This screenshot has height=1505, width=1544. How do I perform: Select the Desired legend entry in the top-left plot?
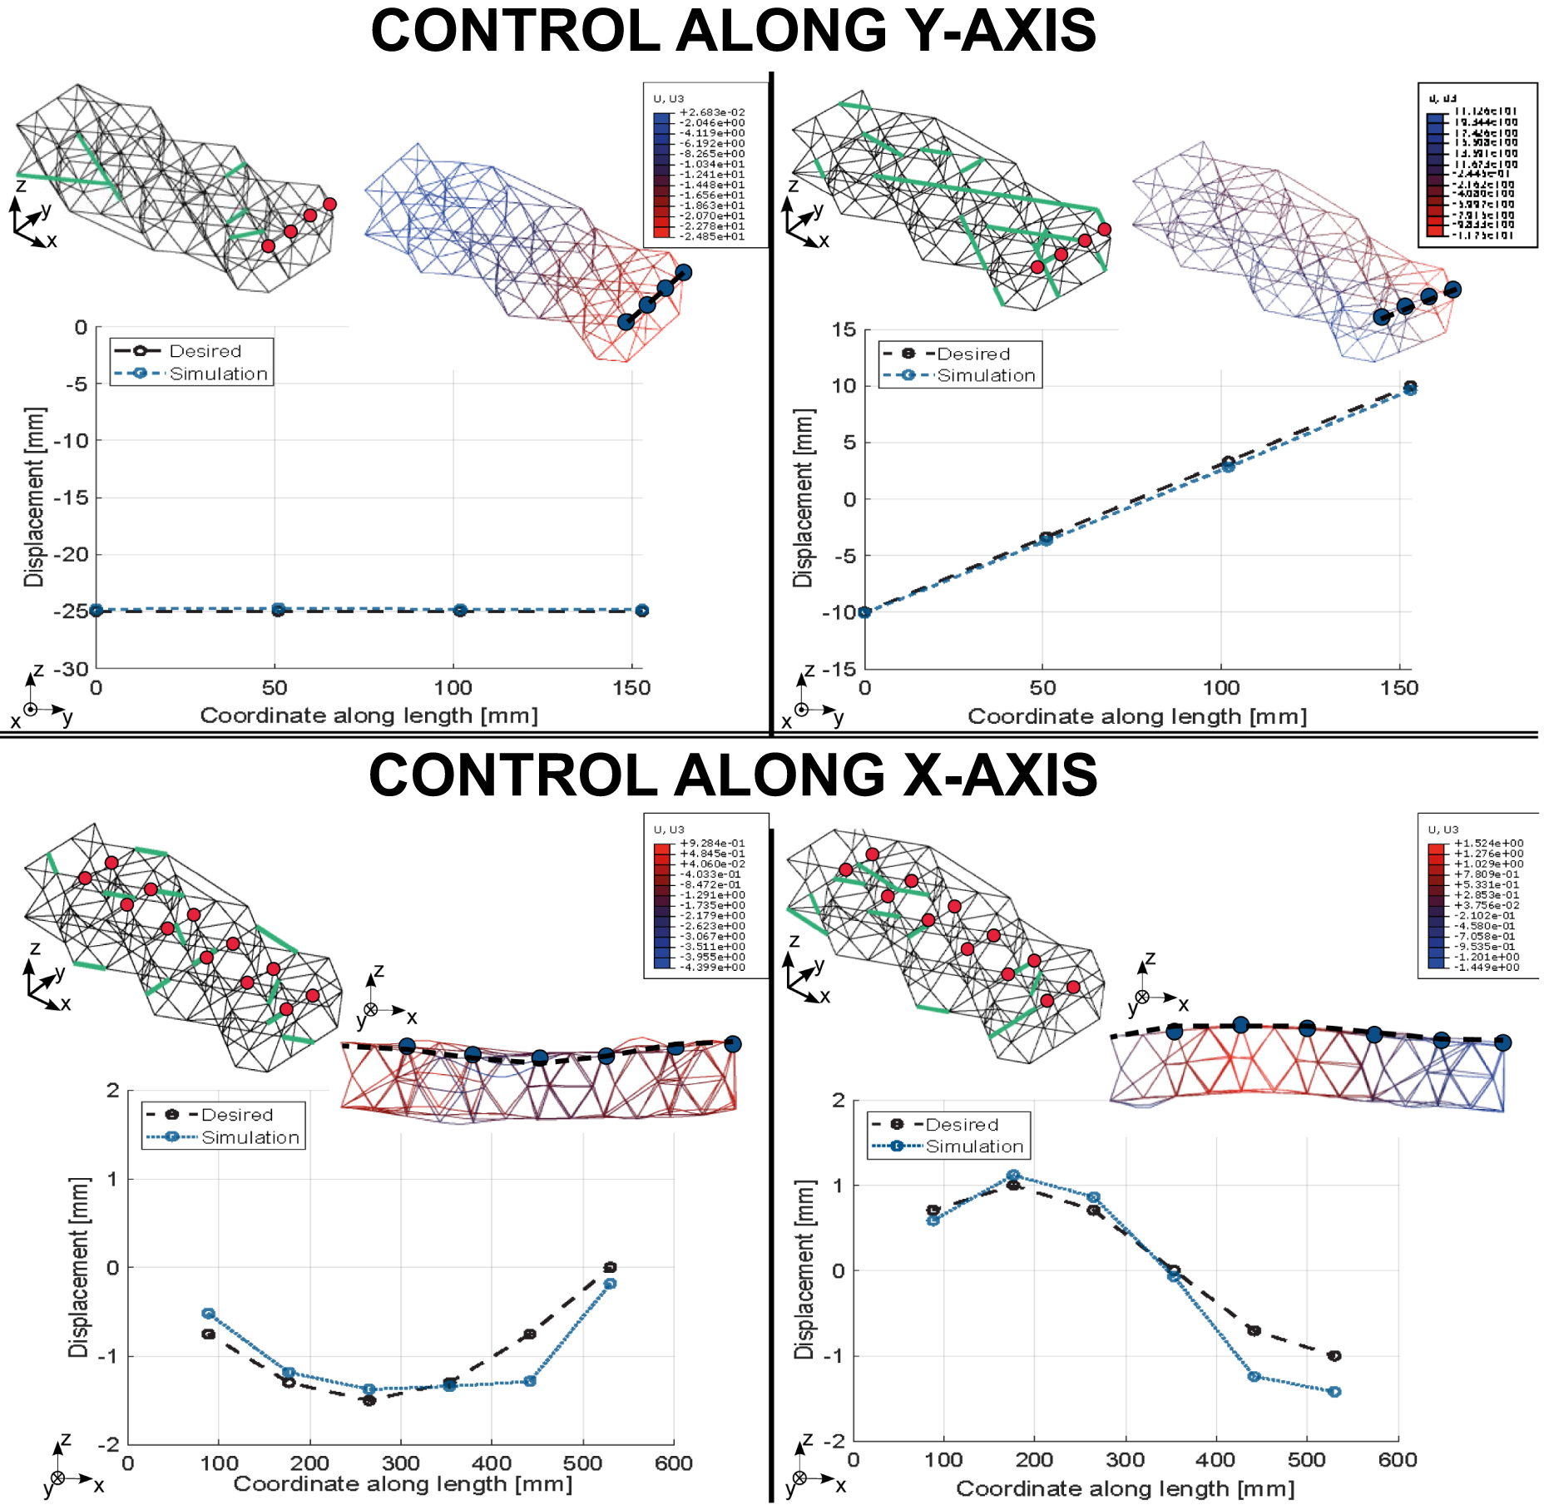205,351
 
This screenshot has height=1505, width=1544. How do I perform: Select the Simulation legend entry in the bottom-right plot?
974,1146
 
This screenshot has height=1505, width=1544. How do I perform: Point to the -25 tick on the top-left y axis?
71,611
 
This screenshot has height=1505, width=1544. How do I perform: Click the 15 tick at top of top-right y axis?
844,330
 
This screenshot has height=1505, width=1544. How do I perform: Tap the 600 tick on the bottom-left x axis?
673,1463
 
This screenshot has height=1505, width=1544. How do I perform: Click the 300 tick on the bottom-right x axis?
1125,1460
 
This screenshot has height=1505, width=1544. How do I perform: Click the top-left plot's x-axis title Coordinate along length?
369,715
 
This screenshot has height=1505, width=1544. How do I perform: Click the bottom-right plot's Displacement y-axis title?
804,1269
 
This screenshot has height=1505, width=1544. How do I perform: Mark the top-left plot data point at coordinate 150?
641,611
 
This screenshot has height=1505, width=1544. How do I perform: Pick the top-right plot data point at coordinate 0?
864,612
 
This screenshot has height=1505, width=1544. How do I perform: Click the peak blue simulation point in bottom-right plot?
1012,1176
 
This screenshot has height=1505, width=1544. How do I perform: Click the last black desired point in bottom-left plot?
610,1267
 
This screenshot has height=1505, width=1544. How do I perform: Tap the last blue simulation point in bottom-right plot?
1334,1392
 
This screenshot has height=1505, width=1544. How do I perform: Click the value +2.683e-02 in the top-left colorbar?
712,112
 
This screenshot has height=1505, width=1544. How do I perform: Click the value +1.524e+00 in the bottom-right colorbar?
1488,843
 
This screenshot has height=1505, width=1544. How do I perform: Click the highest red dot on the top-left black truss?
329,204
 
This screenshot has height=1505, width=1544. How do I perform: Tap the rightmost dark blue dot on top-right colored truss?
1452,290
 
